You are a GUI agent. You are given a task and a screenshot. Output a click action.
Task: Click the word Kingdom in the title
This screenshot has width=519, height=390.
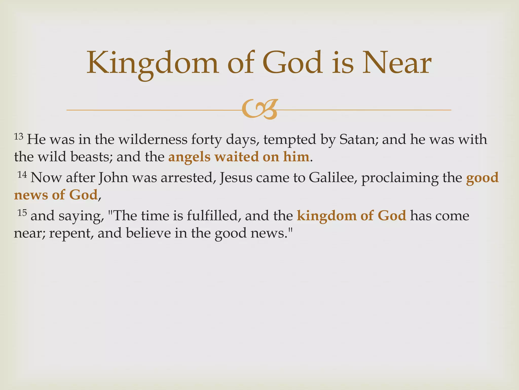point(152,63)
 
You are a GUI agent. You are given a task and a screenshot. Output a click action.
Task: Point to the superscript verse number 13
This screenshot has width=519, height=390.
point(18,137)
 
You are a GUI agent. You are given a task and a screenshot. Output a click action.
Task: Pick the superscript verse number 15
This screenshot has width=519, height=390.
point(22,213)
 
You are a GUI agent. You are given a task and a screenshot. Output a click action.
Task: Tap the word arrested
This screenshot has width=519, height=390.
point(188,177)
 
